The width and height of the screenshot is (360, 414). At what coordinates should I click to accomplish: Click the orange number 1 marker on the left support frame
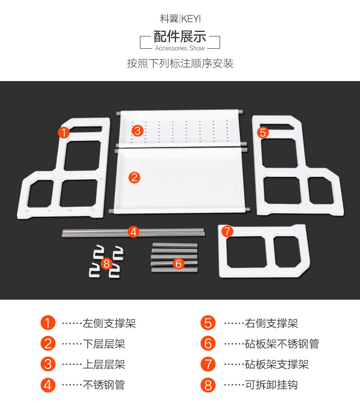pos(64,133)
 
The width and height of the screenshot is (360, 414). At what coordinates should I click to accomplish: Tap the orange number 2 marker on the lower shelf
pos(134,177)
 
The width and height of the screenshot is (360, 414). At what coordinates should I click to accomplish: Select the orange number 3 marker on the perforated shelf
pos(138,131)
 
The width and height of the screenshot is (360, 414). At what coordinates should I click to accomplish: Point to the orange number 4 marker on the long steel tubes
pos(133,231)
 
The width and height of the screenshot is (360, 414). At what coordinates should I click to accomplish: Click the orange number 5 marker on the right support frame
pos(262,132)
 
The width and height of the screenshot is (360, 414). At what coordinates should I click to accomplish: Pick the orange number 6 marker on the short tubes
pos(178,263)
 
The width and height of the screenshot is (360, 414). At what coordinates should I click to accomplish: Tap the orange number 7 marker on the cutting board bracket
pos(227,231)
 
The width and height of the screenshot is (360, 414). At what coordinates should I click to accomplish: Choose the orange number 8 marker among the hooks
pos(106,263)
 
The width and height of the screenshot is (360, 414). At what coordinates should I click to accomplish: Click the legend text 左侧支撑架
pos(109,323)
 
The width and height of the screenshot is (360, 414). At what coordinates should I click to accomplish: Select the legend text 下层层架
pos(103,344)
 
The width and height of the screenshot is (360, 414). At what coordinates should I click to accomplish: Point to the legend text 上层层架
pos(103,364)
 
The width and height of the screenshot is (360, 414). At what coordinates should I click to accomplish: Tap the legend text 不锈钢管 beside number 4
pos(103,385)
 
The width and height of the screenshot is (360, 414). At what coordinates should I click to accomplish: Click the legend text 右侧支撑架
pos(271,323)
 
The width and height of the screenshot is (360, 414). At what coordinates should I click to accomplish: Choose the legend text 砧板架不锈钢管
pos(282,344)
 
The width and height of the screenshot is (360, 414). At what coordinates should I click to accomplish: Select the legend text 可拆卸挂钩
pos(271,385)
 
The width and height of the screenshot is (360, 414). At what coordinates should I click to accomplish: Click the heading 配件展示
pos(180,36)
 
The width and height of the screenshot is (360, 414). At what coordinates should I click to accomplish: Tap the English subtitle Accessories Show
pos(180,48)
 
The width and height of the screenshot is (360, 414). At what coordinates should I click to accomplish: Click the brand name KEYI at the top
pos(191,19)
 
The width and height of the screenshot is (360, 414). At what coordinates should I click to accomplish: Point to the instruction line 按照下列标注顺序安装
pos(180,63)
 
